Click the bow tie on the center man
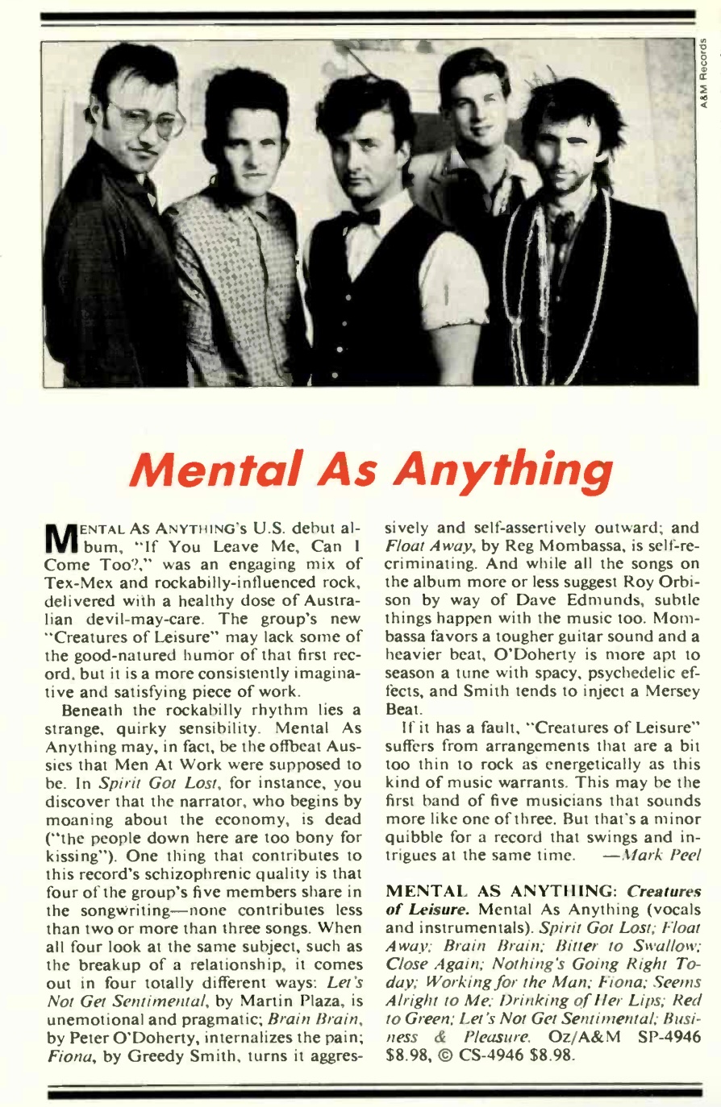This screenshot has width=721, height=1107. (360, 218)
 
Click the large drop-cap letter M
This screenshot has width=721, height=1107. (58, 540)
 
